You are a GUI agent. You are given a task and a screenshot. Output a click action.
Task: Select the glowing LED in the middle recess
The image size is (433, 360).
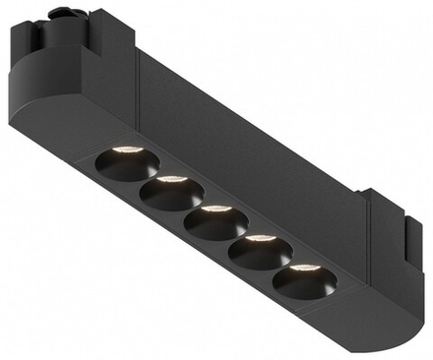(x=215, y=210)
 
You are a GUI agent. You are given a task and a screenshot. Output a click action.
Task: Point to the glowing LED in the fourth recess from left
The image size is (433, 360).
(x=261, y=239)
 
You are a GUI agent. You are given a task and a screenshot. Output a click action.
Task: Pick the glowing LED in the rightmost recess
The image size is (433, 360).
(x=304, y=268)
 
